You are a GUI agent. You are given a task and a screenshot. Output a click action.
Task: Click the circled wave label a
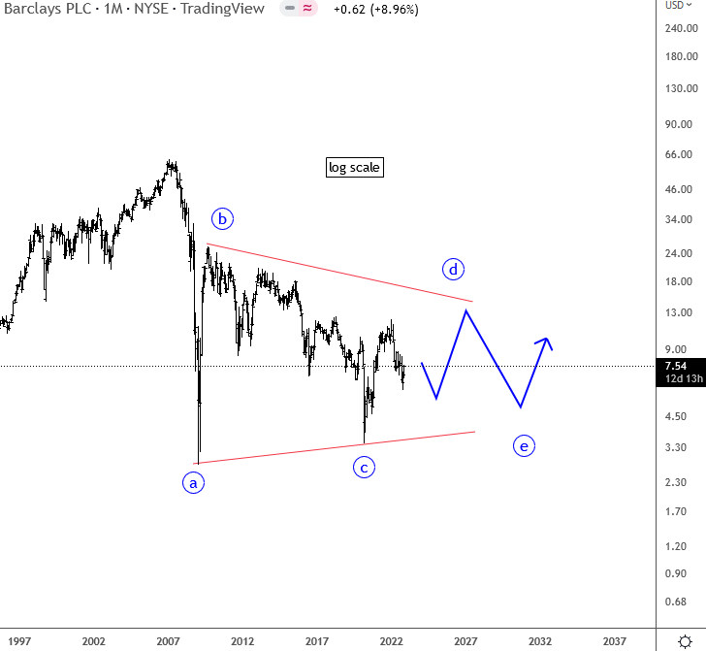click(194, 482)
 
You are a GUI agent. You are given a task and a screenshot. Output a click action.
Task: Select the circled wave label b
click(222, 219)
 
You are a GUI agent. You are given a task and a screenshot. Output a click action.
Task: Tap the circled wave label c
click(364, 468)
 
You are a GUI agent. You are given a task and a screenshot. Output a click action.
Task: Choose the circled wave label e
click(524, 446)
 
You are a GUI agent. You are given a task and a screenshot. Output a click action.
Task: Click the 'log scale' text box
click(355, 168)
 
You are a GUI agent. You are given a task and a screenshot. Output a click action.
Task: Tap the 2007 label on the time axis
click(169, 641)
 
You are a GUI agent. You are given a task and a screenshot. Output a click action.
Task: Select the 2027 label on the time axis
click(465, 641)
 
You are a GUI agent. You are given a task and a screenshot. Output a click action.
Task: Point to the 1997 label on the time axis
click(19, 641)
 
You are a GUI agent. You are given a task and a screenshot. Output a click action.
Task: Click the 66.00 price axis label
click(678, 154)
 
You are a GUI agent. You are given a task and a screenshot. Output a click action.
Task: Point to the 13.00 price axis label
click(678, 313)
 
